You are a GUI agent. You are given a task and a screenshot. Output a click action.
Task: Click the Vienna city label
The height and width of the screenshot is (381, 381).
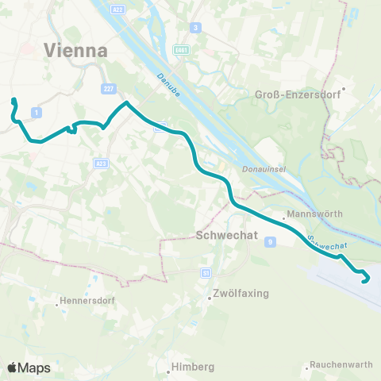76,49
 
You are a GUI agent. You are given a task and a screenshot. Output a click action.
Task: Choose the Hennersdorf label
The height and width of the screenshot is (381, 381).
87,302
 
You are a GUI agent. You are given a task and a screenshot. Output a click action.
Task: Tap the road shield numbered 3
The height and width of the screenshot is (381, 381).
195,28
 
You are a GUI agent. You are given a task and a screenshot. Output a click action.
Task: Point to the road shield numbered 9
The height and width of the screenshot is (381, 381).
271,241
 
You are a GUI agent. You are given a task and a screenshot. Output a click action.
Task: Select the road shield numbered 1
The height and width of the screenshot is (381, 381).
37,114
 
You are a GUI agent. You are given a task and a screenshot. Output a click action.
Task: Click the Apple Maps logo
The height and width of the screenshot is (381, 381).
29,368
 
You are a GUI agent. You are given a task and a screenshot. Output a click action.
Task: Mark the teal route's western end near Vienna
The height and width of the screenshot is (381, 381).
13,100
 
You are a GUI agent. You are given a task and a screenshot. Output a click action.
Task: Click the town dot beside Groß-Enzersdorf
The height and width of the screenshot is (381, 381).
343,88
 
